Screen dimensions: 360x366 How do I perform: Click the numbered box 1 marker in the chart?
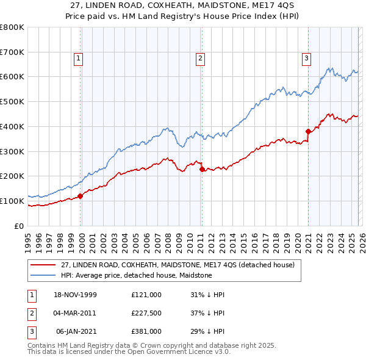pyautogui.click(x=79, y=59)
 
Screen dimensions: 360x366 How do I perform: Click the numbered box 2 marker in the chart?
pyautogui.click(x=200, y=59)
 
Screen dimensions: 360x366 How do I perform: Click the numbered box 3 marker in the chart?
pyautogui.click(x=306, y=59)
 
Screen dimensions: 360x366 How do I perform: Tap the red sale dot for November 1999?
pyautogui.click(x=81, y=196)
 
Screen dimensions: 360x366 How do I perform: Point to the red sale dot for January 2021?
pyautogui.click(x=308, y=131)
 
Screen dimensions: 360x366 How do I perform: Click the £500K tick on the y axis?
pyautogui.click(x=12, y=102)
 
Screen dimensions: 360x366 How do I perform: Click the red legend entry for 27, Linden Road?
pyautogui.click(x=178, y=265)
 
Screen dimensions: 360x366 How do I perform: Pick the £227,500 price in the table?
pyautogui.click(x=146, y=313)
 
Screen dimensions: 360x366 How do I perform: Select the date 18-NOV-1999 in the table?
pyautogui.click(x=75, y=295)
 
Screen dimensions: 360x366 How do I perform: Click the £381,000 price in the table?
pyautogui.click(x=146, y=331)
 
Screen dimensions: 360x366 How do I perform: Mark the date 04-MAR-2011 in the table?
pyautogui.click(x=75, y=313)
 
